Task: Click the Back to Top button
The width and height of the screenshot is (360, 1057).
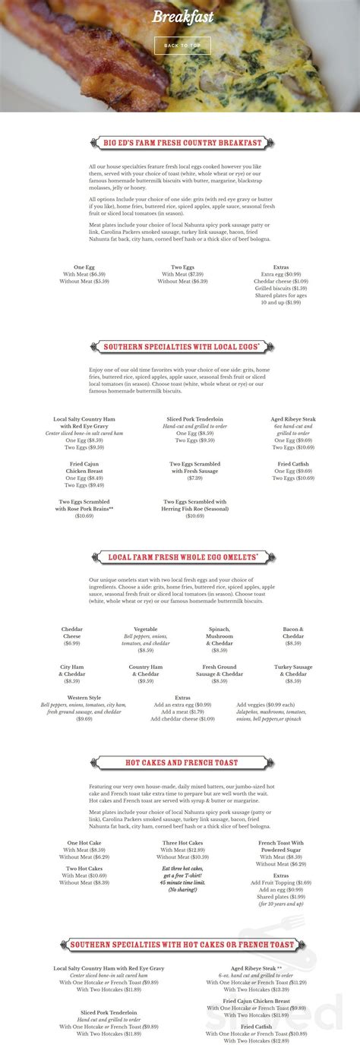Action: (182, 45)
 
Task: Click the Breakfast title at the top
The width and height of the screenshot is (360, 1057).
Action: (182, 17)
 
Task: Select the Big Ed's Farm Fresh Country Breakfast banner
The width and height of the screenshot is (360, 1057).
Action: (182, 143)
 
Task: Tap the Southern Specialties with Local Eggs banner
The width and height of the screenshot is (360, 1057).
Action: (182, 347)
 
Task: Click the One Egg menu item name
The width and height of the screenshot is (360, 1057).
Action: (84, 267)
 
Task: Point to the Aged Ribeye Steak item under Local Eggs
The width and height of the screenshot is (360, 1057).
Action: (293, 419)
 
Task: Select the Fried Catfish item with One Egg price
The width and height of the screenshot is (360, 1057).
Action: (293, 464)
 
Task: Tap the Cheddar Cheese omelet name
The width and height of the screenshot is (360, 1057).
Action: (71, 633)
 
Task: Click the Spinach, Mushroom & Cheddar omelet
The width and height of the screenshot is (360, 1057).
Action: (219, 633)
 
